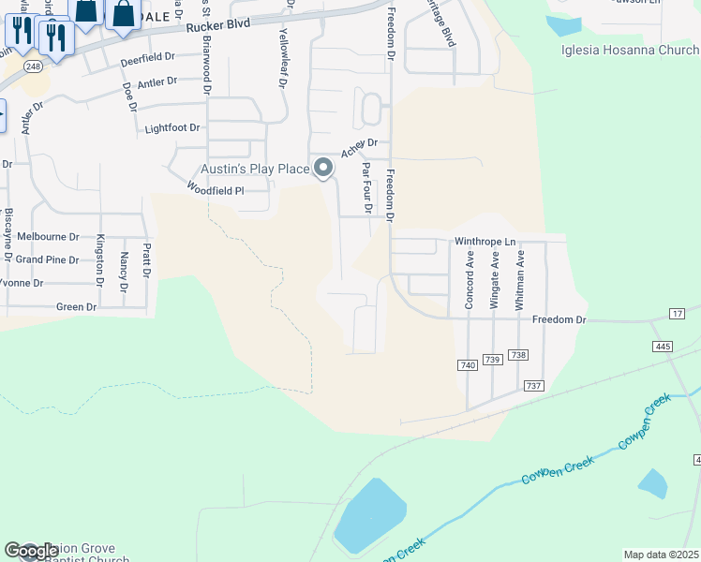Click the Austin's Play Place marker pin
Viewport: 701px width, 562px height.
(x=323, y=169)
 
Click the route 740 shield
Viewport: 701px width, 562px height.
(x=468, y=364)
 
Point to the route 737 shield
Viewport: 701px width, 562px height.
(x=534, y=386)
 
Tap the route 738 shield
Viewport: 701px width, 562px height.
(x=519, y=355)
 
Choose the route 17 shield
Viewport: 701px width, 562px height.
(x=678, y=312)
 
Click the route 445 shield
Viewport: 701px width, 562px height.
(x=664, y=347)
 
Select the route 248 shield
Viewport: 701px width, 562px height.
(x=34, y=67)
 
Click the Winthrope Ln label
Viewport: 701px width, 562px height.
(x=486, y=242)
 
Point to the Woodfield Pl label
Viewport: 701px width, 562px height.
(x=215, y=189)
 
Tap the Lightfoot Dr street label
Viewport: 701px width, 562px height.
(x=172, y=127)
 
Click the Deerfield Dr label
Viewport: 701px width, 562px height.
(x=148, y=58)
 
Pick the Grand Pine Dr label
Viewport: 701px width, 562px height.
(x=47, y=259)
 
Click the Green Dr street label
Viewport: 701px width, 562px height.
(x=77, y=306)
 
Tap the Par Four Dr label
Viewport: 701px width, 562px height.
(x=366, y=186)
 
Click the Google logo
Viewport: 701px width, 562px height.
(x=30, y=552)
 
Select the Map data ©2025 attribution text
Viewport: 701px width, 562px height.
(x=661, y=555)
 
